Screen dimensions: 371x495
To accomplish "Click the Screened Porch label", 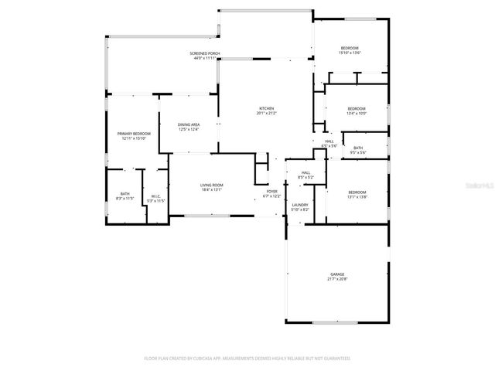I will click(x=205, y=53).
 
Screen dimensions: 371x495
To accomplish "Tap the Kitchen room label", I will click(x=266, y=108).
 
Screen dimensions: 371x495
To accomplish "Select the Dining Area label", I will click(x=189, y=124).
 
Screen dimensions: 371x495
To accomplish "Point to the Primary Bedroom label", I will click(x=134, y=134).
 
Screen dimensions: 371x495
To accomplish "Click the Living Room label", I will click(x=212, y=185).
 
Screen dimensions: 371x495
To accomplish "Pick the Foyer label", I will click(x=272, y=191).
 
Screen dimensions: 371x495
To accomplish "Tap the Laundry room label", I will click(x=300, y=205).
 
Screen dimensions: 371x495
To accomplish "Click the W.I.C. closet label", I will click(x=156, y=196).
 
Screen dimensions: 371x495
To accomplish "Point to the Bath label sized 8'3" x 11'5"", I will click(x=125, y=194).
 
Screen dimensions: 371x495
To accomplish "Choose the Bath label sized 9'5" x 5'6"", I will click(x=358, y=148).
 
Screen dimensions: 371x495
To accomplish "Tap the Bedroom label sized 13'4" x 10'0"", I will click(x=356, y=108).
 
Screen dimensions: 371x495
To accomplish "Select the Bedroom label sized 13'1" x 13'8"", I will click(x=357, y=192).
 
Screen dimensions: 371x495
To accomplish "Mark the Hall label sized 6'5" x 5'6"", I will click(x=329, y=141).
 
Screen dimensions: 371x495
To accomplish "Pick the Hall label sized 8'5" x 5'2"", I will click(x=306, y=172).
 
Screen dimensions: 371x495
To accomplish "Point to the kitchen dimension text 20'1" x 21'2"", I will click(x=266, y=113).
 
